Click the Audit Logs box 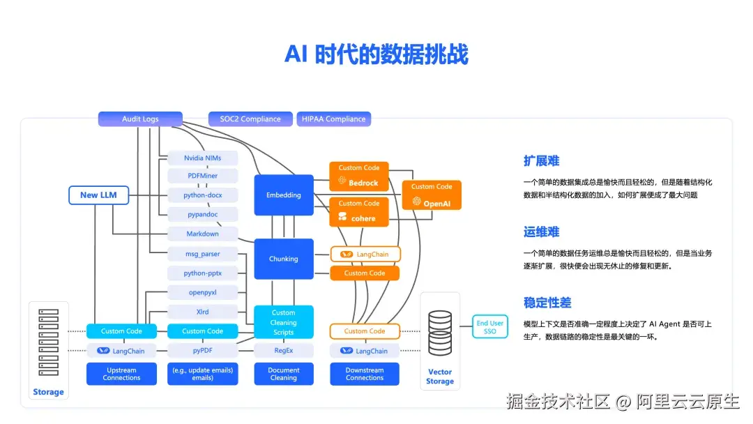tap(140, 119)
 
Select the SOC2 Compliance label tap(250, 119)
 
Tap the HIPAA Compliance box tap(333, 119)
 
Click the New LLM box tap(99, 195)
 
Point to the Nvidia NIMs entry tap(203, 158)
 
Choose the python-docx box tap(203, 195)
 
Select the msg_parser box tap(203, 254)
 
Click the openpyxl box tap(203, 292)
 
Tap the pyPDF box tap(203, 351)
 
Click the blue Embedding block tap(284, 195)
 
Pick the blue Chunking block tap(284, 259)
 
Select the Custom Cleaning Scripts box tap(284, 322)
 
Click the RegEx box tap(284, 351)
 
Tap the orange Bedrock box tap(359, 176)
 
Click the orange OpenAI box tap(432, 195)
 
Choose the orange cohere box tap(359, 212)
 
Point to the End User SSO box tap(490, 327)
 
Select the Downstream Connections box tap(365, 374)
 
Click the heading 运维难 tap(542, 232)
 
